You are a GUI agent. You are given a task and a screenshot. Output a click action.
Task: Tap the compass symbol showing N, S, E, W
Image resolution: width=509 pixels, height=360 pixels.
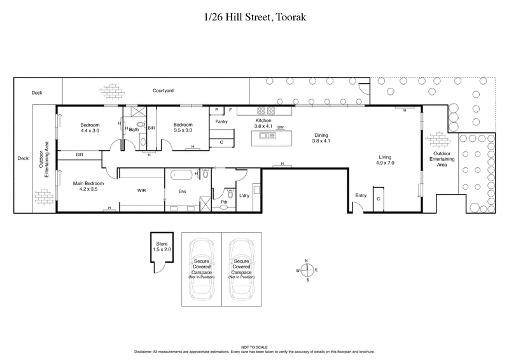(307, 270)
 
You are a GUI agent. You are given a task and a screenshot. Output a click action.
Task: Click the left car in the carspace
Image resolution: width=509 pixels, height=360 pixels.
(202, 268)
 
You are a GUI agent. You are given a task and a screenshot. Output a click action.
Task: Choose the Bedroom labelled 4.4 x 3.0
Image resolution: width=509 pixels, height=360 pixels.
(90, 127)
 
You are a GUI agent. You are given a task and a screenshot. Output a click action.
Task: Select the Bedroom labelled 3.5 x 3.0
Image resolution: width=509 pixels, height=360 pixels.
(183, 127)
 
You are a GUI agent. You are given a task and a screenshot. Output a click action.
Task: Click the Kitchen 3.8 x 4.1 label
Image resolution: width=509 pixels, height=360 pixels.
(263, 123)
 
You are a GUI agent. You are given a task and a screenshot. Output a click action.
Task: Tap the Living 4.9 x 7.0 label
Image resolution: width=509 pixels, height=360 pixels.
(386, 160)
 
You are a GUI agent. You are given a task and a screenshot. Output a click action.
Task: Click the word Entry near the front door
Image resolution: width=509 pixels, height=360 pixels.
(361, 196)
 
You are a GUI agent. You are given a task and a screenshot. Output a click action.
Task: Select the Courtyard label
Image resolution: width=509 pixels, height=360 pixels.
(163, 91)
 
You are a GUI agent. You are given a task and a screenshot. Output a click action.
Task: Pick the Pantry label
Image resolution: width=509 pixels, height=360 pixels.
(221, 121)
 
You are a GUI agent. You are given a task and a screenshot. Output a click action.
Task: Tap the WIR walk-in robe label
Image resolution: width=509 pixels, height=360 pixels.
(143, 190)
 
